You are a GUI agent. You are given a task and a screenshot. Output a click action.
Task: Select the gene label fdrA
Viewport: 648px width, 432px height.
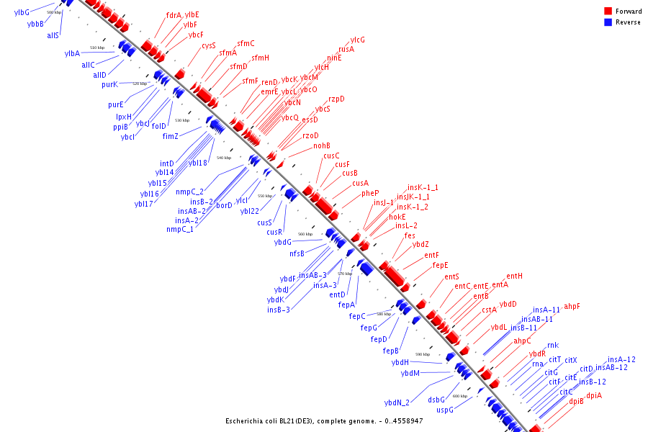(174, 15)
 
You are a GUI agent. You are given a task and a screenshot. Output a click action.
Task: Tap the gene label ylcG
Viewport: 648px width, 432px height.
(357, 40)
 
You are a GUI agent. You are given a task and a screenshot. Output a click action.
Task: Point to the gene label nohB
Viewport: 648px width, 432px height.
(322, 146)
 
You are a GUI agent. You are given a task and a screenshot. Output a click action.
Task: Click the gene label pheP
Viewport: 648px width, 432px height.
(370, 193)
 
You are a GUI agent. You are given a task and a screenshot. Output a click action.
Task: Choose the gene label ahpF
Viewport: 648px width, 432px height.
(572, 307)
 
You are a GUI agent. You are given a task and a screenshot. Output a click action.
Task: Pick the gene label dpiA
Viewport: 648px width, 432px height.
(593, 395)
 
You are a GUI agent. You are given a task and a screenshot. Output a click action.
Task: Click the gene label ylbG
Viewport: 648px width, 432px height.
(22, 12)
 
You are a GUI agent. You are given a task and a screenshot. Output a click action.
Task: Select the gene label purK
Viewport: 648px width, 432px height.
(109, 84)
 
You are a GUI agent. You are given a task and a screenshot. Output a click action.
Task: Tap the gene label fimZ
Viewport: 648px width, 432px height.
(170, 136)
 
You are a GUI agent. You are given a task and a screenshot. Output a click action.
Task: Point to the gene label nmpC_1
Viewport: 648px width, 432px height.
(180, 230)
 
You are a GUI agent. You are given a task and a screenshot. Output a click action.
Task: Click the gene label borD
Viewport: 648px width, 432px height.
(225, 205)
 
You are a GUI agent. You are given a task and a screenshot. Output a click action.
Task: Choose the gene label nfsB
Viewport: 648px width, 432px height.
(297, 253)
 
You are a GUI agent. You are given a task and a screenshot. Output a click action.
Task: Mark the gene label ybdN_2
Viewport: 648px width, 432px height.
(397, 402)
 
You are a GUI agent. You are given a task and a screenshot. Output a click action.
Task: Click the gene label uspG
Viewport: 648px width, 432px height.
(445, 410)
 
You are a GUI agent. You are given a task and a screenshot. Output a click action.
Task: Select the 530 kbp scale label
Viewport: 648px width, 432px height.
(182, 120)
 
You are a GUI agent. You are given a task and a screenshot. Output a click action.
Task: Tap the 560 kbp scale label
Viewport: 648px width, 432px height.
(305, 234)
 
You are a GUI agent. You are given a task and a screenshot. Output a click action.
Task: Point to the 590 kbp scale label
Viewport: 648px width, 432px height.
(422, 354)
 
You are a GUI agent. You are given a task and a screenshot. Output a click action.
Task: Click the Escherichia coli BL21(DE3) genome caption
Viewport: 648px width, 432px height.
(324, 420)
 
